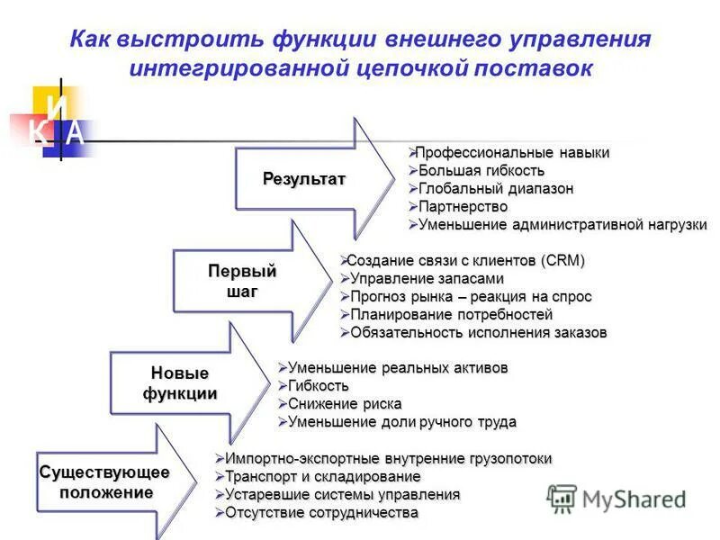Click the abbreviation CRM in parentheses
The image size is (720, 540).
coord(562,261)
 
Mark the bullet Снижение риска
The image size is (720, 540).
coord(345,404)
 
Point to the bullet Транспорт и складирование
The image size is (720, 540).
coord(322,477)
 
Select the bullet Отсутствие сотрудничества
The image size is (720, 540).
coord(321,513)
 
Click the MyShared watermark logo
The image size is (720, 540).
coord(616,499)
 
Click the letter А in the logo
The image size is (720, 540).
coord(76,133)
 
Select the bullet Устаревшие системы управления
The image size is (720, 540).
coord(342,495)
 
